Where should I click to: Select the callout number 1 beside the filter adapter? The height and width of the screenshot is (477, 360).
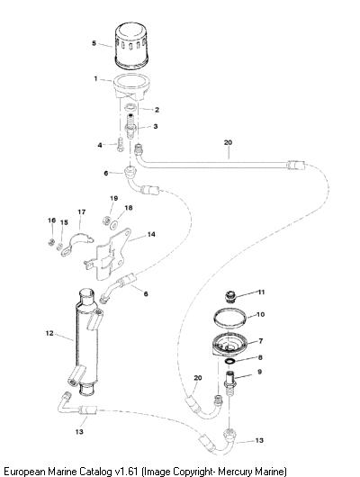pyautogui.click(x=95, y=79)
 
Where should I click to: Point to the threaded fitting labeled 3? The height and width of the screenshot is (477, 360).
pyautogui.click(x=130, y=126)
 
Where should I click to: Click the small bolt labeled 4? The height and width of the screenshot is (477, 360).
pyautogui.click(x=120, y=145)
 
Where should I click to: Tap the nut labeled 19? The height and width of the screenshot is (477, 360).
pyautogui.click(x=106, y=220)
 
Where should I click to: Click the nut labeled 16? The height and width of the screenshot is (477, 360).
pyautogui.click(x=51, y=242)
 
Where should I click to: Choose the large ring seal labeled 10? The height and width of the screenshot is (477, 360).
pyautogui.click(x=229, y=318)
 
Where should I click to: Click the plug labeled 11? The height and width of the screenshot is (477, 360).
pyautogui.click(x=230, y=297)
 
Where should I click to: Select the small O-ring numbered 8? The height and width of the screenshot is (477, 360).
pyautogui.click(x=229, y=361)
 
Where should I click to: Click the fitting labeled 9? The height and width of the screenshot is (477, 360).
pyautogui.click(x=231, y=382)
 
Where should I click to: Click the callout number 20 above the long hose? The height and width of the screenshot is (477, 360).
pyautogui.click(x=228, y=142)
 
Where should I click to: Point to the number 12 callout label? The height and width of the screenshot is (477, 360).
pyautogui.click(x=49, y=333)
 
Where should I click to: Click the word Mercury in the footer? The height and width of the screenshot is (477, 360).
pyautogui.click(x=236, y=471)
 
